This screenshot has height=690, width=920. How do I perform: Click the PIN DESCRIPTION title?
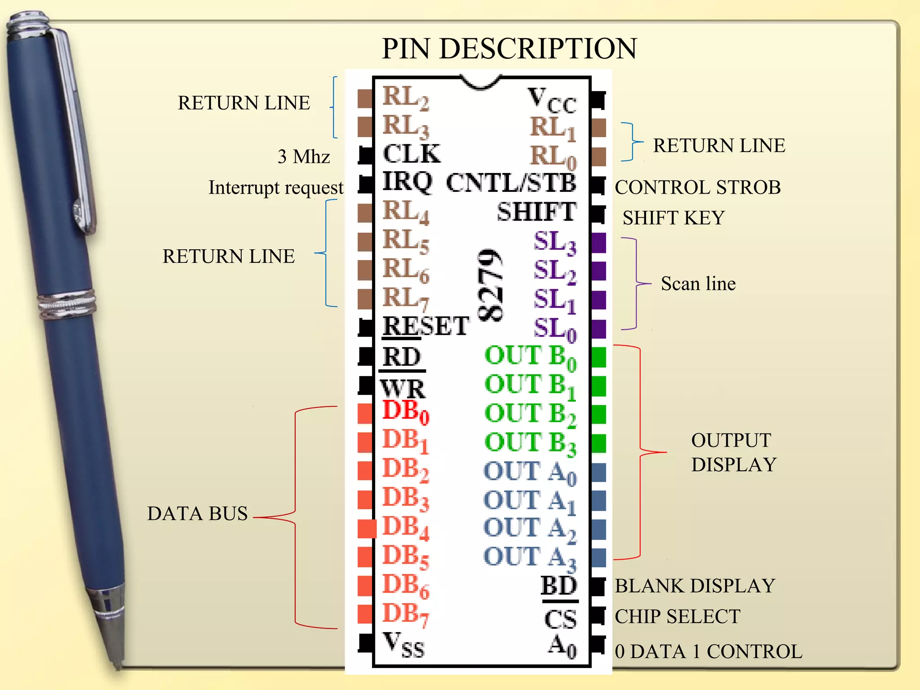(x=509, y=49)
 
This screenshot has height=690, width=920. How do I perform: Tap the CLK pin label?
(x=411, y=154)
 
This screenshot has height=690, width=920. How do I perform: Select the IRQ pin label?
(x=407, y=182)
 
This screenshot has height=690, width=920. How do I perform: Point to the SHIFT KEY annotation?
(x=673, y=218)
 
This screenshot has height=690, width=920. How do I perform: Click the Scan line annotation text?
(x=698, y=284)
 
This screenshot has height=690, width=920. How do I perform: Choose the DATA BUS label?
(x=197, y=513)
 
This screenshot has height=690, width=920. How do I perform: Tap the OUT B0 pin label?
(x=530, y=356)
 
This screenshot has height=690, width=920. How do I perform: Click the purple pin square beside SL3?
(x=599, y=243)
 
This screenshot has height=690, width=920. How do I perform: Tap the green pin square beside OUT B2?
(x=599, y=414)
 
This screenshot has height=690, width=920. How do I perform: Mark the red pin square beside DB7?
(x=365, y=614)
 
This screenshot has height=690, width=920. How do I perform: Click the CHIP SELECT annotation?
(x=677, y=616)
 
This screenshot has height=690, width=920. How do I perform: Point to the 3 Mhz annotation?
(x=304, y=157)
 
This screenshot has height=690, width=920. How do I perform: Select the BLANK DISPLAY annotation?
(x=694, y=586)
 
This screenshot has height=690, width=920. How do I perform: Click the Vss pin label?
(x=403, y=646)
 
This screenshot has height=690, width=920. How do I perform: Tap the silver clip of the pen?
(x=76, y=135)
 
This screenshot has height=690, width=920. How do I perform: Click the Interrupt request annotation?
(x=276, y=188)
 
